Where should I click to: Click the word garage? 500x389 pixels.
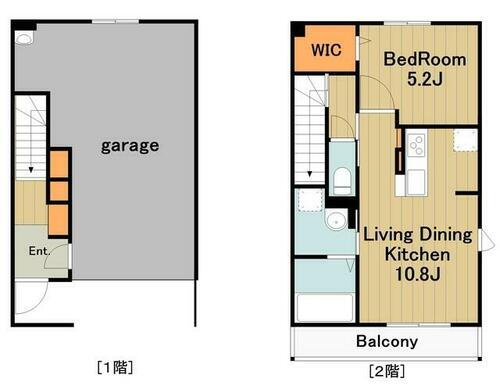[x=129, y=145]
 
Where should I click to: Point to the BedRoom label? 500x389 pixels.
[x=425, y=59]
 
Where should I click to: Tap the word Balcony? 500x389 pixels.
[x=388, y=341]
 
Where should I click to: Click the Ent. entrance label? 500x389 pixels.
[x=39, y=251]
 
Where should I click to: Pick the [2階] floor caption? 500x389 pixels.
[x=389, y=371]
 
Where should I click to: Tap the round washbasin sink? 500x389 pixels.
[x=338, y=221]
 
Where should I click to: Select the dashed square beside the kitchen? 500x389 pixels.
[x=465, y=139]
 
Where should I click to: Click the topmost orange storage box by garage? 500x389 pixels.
[x=60, y=161]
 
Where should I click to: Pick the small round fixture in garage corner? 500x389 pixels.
[x=25, y=38]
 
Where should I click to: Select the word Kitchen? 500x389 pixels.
[x=413, y=255]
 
